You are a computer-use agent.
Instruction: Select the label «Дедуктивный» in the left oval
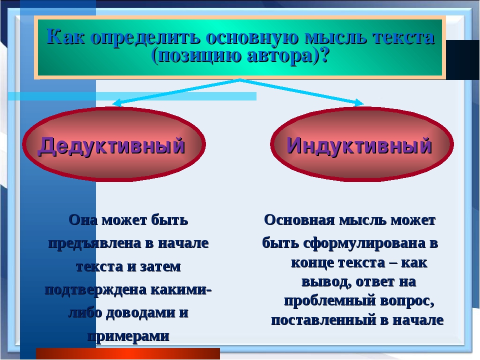[111, 145]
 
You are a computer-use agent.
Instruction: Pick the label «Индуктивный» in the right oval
[359, 145]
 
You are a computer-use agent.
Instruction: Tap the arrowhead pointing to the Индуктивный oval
[359, 103]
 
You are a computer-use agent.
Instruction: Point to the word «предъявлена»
[96, 243]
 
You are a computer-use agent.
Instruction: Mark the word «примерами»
[128, 336]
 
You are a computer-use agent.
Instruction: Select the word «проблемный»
[330, 301]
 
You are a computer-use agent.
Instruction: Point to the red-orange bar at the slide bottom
[128, 353]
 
